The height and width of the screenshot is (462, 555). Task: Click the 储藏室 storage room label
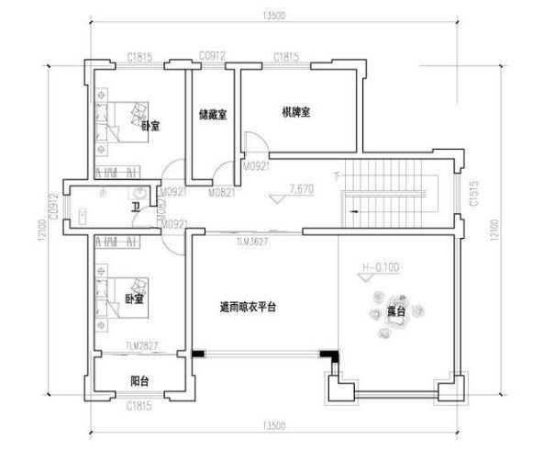213,115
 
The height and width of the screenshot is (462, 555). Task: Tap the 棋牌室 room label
296,112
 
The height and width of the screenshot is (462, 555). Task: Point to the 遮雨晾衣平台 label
248,307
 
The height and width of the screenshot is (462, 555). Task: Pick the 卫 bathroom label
136,208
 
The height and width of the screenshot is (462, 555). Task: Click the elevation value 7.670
301,188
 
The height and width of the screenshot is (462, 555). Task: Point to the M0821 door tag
220,194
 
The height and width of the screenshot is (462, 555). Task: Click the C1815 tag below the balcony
139,404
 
